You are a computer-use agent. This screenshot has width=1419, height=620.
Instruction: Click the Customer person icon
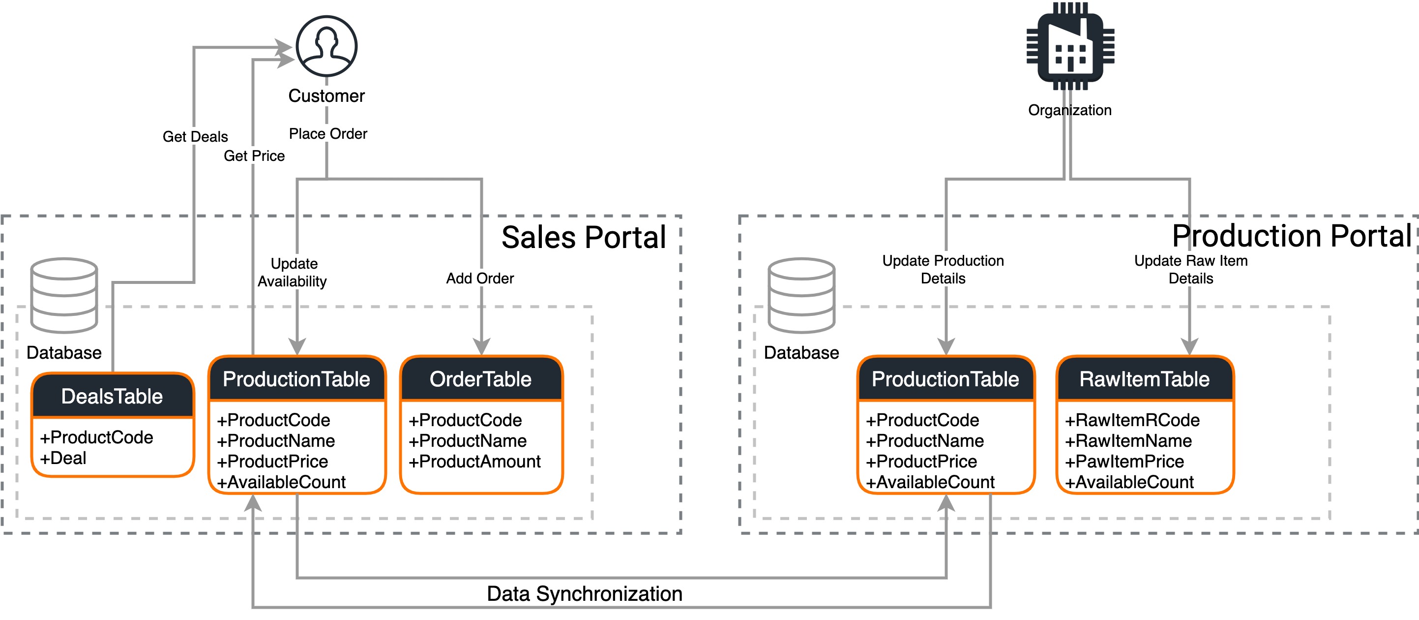(x=326, y=46)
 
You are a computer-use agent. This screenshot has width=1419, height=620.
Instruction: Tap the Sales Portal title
(x=583, y=238)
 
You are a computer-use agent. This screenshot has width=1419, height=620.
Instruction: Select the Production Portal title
(x=1291, y=236)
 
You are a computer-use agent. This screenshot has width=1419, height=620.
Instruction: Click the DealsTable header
(x=112, y=396)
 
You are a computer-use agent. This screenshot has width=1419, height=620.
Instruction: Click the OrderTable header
(x=480, y=379)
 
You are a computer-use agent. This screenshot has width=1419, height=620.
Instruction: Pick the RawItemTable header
(x=1144, y=379)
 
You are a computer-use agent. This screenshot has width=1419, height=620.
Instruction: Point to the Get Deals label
(x=195, y=137)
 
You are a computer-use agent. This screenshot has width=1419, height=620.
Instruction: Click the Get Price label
(x=254, y=156)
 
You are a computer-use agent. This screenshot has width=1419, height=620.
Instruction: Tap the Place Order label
(x=328, y=134)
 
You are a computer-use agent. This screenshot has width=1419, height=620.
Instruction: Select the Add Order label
(x=480, y=279)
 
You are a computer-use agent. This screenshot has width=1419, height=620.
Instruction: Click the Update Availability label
(x=293, y=272)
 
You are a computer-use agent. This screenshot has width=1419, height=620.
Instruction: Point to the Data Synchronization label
(x=585, y=593)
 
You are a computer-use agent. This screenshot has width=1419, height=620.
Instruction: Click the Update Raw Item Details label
(x=1190, y=270)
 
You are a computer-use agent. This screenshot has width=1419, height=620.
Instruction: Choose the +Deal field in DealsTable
(x=63, y=458)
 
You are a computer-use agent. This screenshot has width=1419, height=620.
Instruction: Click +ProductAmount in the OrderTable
(x=474, y=461)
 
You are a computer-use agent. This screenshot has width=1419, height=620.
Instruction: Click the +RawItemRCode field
(x=1131, y=420)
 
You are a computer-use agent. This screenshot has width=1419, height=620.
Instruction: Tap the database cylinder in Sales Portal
(x=64, y=295)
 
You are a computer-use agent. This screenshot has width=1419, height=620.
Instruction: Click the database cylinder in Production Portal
(x=801, y=295)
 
